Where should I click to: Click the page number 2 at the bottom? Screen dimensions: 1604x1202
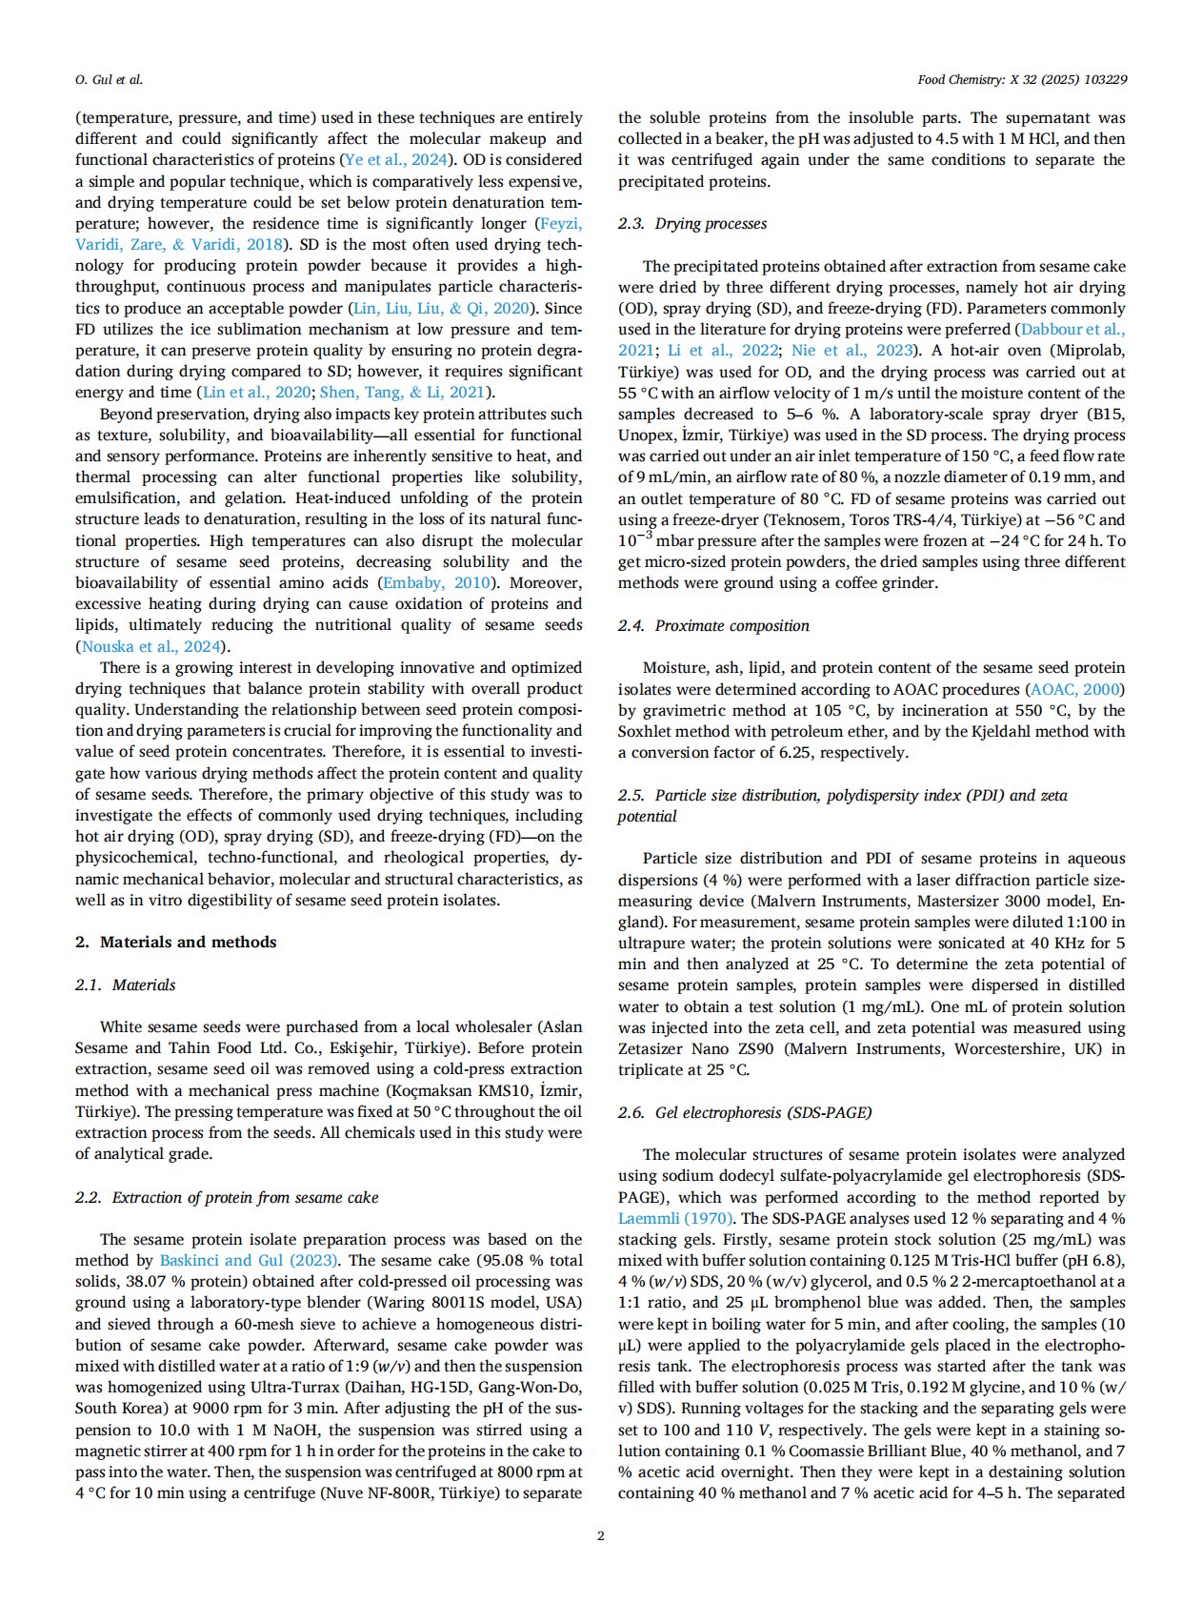coord(600,1535)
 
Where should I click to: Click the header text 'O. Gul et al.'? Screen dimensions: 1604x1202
coord(109,79)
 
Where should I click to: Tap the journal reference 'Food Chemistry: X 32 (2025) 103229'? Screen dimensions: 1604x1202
coord(1022,79)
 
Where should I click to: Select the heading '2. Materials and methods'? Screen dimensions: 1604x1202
coord(175,942)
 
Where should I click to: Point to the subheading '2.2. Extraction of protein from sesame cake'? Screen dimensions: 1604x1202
coord(227,1197)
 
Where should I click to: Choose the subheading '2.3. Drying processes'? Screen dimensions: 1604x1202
coord(691,223)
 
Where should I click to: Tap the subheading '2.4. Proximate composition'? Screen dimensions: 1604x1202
coord(713,625)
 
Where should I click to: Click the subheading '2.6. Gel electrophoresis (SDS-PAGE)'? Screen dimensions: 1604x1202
coord(745,1112)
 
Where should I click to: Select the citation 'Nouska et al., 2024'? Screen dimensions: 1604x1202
coord(150,646)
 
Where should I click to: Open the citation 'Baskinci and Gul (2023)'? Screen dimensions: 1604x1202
coord(249,1260)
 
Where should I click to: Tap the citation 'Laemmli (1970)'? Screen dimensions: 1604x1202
coord(675,1218)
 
